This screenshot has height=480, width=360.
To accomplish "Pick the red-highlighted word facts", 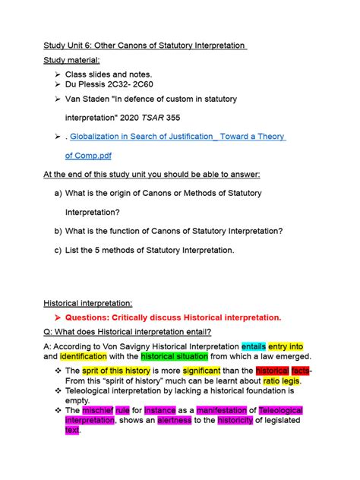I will pos(300,371).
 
